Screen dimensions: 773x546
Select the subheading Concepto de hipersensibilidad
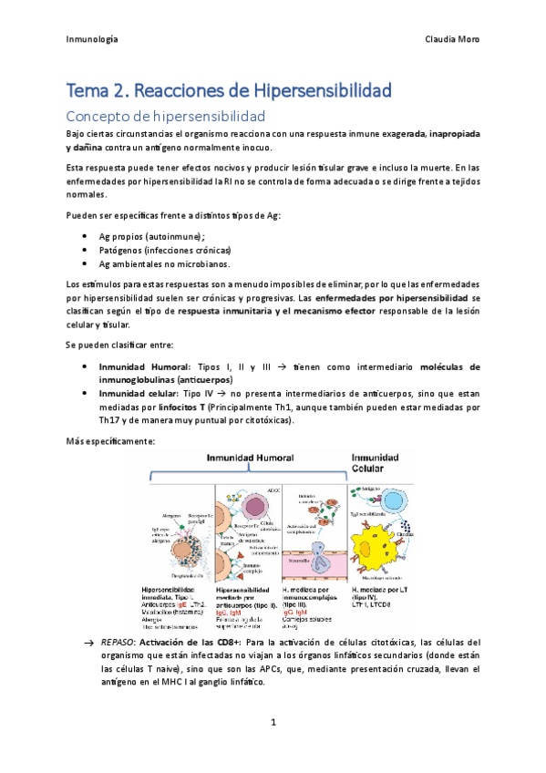click(165, 117)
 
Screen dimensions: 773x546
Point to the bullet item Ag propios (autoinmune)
click(151, 235)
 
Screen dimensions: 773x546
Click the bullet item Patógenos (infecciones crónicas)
click(165, 250)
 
